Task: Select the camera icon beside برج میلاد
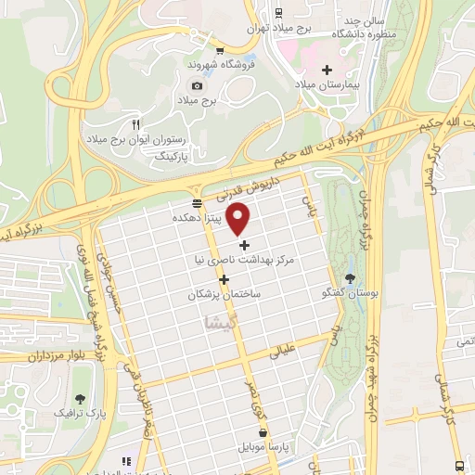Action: click(197, 85)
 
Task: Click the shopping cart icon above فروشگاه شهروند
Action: click(219, 51)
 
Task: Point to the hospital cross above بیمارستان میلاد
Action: click(326, 70)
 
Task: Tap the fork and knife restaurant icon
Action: click(135, 123)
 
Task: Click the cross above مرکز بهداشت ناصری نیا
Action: click(245, 246)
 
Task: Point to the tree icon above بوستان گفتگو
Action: click(350, 277)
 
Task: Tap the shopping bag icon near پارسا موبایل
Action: click(263, 432)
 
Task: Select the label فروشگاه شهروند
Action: click(215, 65)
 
